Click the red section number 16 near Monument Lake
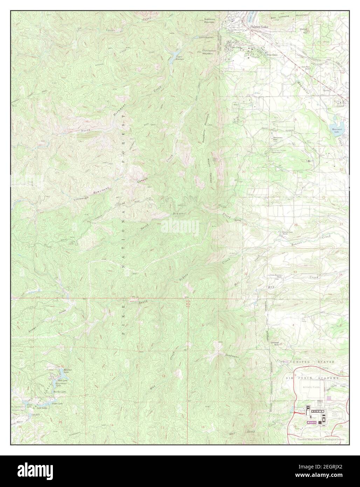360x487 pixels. pos(295,119)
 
